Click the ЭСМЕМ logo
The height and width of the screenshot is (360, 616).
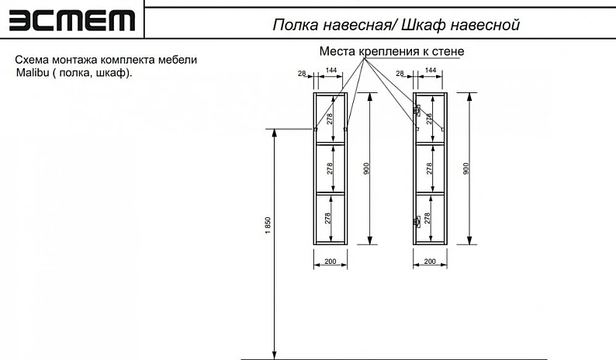coord(72,20)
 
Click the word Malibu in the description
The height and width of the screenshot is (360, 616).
coord(33,73)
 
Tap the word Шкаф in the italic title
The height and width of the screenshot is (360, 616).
coord(421,25)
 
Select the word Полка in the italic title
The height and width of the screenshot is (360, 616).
coord(295,25)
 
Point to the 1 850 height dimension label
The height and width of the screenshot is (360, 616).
coord(268,226)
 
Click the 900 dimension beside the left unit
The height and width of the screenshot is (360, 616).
coord(366,168)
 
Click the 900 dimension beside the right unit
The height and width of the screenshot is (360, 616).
coord(466,168)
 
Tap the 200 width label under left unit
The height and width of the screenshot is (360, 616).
coord(330,261)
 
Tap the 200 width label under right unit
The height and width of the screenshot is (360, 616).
coord(430,261)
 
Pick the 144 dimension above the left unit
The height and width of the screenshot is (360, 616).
coord(331,70)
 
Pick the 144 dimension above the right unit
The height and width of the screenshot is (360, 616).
coord(431,70)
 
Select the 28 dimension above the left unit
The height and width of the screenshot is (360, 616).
coord(302,74)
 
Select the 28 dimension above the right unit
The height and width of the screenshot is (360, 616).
coord(400,74)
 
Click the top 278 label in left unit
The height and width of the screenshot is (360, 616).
coord(330,119)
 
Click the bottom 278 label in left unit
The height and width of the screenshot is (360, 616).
coord(328,219)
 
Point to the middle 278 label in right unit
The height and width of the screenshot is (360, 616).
coord(429,168)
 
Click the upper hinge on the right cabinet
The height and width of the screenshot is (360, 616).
coord(417,109)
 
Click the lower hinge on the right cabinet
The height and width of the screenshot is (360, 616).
coord(417,221)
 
